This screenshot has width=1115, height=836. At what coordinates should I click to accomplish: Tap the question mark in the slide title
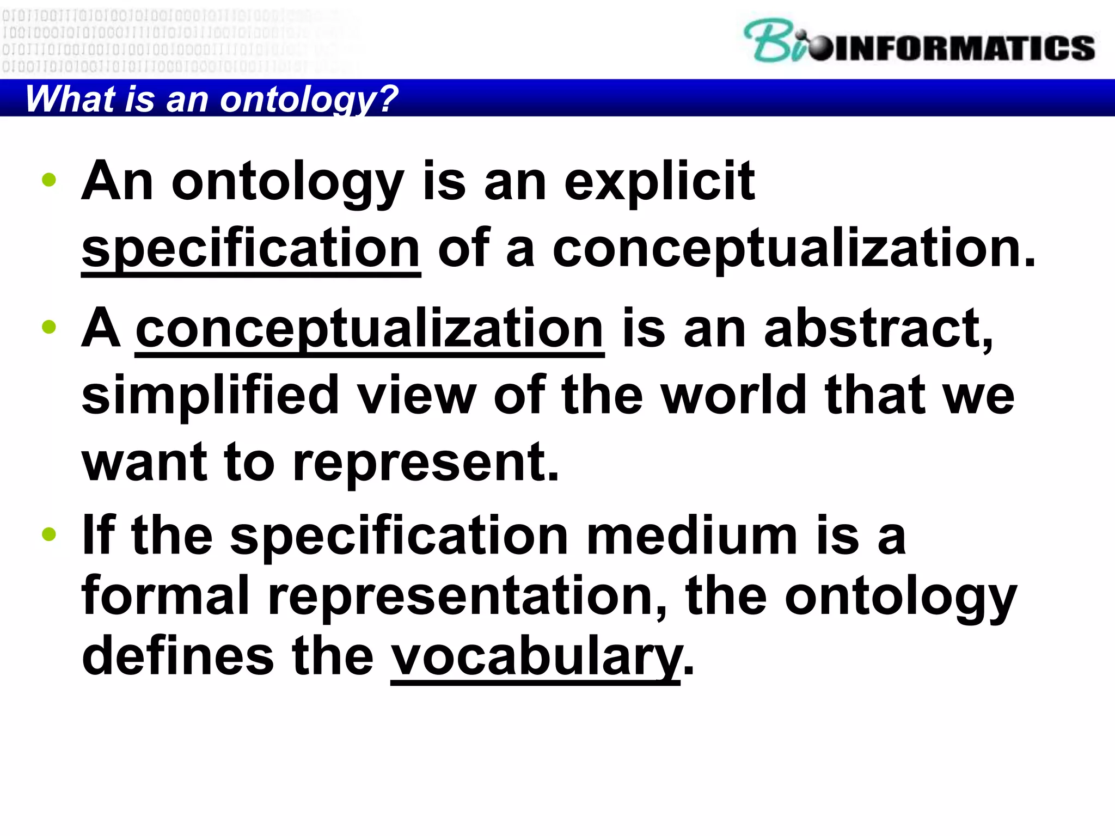388,99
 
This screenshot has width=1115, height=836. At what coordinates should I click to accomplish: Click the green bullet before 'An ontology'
49,180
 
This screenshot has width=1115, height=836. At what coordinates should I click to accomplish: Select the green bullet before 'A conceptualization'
49,327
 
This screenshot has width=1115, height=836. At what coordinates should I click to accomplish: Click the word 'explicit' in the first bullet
659,182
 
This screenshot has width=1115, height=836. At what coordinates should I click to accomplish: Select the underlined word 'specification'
250,249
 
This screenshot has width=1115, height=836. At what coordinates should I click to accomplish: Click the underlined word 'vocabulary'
536,656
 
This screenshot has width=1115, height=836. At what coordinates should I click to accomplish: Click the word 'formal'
166,596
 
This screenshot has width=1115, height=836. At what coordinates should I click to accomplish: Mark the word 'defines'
177,656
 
